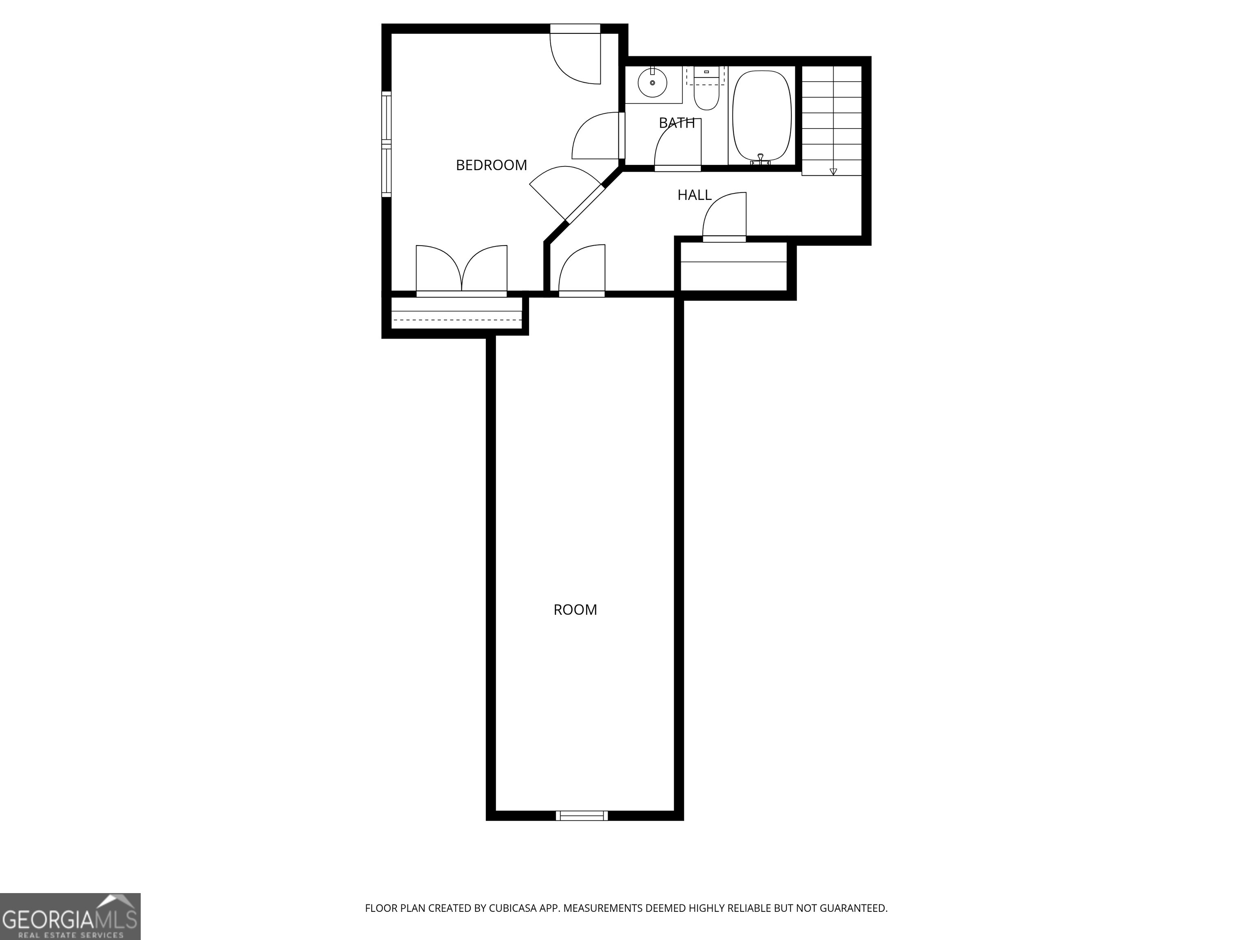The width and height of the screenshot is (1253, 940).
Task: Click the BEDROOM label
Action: (491, 165)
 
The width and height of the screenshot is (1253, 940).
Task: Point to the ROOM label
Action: (575, 610)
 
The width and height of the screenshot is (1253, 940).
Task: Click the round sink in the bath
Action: (653, 83)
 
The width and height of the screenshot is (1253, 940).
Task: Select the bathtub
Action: (762, 115)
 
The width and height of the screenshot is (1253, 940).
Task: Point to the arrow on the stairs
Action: (833, 171)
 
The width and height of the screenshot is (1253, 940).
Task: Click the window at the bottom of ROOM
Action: (582, 815)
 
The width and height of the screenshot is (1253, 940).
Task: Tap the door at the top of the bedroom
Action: (576, 55)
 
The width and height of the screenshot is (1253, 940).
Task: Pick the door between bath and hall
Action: (678, 146)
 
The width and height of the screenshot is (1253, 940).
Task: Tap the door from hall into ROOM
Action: (582, 271)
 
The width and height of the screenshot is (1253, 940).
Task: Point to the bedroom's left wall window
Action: (386, 144)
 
